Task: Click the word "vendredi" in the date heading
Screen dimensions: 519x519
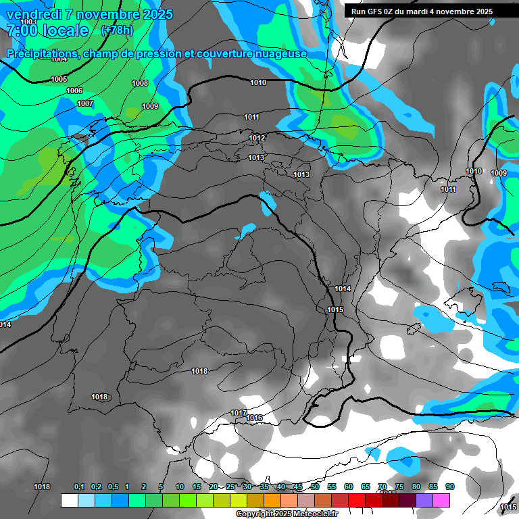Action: coord(34,14)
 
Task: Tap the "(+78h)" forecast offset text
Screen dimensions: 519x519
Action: coord(117,30)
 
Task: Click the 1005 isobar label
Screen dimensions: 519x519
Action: coord(59,80)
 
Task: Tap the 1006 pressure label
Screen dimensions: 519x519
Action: coord(74,91)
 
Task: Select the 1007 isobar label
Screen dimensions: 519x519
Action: coord(85,103)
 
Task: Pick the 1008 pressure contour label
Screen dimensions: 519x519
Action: coord(140,84)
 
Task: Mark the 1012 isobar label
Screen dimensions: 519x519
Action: coord(257,139)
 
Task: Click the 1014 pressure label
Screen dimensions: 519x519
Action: coord(343,289)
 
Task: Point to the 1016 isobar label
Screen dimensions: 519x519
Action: coord(254,418)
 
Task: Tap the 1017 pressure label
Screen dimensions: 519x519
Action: coord(239,413)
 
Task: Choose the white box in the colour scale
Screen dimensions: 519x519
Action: coord(69,501)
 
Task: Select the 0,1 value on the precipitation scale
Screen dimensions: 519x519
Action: coord(79,487)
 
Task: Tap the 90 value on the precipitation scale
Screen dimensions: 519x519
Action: coord(450,487)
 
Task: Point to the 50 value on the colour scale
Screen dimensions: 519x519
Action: coord(315,487)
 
